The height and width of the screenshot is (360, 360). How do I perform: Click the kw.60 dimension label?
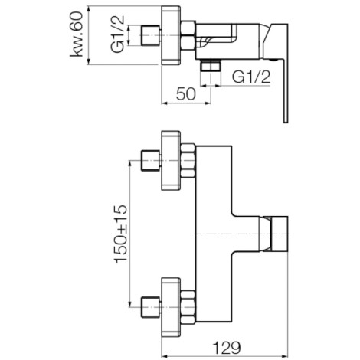[77, 34]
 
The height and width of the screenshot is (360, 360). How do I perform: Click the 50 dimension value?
[186, 93]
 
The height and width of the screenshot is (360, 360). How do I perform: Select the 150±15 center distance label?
[121, 234]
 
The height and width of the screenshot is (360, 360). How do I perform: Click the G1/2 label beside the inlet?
[118, 34]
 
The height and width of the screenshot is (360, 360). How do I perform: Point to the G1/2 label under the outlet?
[251, 77]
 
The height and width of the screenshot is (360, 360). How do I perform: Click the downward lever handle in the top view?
[286, 92]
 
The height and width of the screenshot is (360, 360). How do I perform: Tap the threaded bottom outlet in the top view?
[211, 65]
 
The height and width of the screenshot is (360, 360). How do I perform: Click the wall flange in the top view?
[171, 35]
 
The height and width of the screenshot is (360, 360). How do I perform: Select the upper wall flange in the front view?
[171, 161]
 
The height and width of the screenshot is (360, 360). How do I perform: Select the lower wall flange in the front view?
[171, 307]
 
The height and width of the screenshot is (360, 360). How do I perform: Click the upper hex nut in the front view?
[188, 161]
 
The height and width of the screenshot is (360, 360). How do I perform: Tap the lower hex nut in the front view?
[188, 307]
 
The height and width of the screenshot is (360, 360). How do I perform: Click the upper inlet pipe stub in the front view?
[151, 161]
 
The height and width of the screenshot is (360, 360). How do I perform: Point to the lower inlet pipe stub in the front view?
[151, 307]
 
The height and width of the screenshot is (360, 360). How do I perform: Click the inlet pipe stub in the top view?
[151, 35]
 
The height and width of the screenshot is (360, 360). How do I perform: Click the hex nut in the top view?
[188, 35]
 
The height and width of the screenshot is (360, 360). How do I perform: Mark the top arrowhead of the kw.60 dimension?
[89, 9]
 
